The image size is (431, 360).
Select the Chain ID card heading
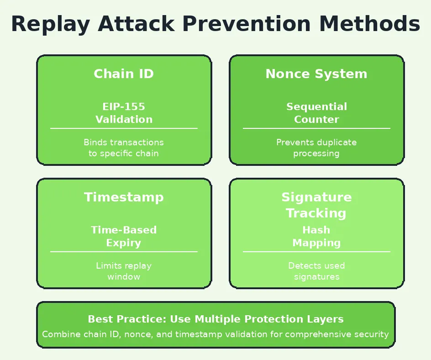point(124,74)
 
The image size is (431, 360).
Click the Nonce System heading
point(316,74)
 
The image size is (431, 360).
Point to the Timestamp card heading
point(124,197)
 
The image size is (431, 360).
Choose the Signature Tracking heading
point(316,205)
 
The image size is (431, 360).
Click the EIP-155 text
point(124,107)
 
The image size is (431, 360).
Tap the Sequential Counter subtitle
point(316,113)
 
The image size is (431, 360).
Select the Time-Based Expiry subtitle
point(124,236)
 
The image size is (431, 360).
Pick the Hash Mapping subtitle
point(316,236)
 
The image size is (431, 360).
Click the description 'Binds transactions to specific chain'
point(124,148)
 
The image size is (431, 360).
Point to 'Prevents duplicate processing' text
point(316,148)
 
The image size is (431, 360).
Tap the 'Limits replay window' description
point(124,271)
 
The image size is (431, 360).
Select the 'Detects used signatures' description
point(316,271)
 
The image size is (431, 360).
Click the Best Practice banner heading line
point(215,319)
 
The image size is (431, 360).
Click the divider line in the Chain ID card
point(124,128)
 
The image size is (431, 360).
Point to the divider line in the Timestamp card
point(124,252)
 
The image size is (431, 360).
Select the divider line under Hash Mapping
point(316,252)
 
